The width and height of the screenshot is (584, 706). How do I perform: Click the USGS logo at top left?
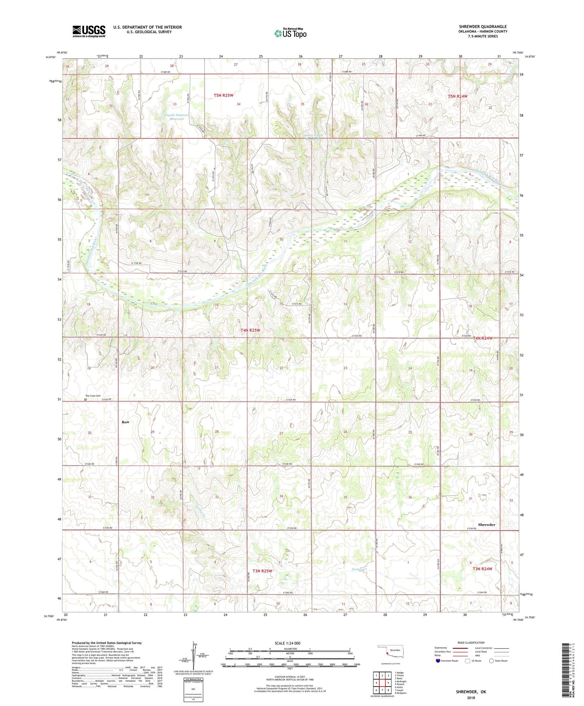[x=89, y=31]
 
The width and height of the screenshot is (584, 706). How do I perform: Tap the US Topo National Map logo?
[x=290, y=33]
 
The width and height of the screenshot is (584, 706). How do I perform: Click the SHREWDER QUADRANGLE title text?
[x=483, y=27]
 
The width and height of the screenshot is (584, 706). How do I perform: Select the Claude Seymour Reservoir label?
[x=177, y=117]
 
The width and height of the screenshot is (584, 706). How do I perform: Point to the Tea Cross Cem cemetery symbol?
[x=85, y=400]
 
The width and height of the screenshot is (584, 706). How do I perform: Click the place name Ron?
[x=125, y=422]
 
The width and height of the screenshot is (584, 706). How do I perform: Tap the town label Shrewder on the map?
[x=486, y=524]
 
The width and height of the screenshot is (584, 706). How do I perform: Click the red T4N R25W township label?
[x=250, y=330]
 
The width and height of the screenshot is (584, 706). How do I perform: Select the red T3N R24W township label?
[x=483, y=569]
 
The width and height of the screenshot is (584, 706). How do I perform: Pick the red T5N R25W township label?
[x=223, y=95]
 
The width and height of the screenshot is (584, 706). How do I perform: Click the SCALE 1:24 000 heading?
[x=287, y=643]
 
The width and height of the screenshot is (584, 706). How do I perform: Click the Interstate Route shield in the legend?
[x=438, y=661]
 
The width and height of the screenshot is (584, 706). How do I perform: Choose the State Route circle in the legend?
[x=491, y=661]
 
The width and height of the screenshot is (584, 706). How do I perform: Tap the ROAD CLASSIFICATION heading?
[x=471, y=643]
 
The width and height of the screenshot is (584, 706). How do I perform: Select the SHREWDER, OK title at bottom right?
[x=471, y=691]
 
